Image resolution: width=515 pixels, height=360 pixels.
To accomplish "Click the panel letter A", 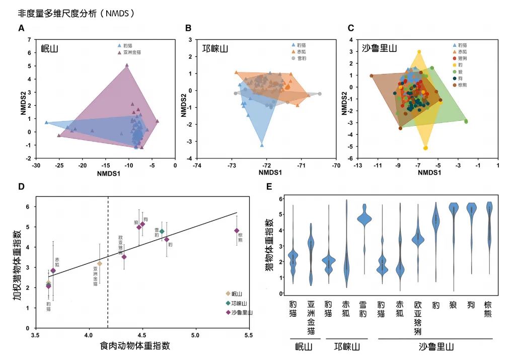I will tap(21, 29).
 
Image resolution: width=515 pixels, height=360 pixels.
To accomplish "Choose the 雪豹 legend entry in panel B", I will tap(301, 58).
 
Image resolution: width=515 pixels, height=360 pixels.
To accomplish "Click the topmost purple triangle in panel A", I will tap(127, 65).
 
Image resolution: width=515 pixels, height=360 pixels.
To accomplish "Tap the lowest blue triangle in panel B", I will tap(262, 145).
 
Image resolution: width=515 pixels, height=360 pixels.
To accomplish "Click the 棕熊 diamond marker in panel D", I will tap(237, 231).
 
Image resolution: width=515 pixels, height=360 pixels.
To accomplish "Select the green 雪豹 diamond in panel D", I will tap(162, 231).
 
